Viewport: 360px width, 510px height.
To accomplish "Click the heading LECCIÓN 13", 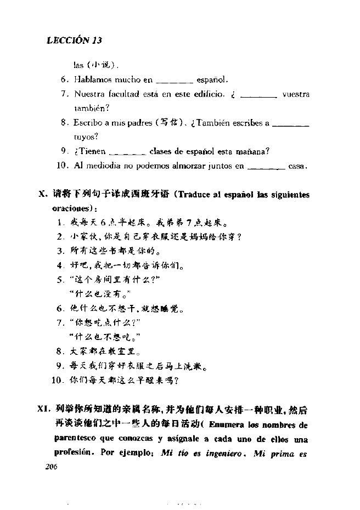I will [75, 41].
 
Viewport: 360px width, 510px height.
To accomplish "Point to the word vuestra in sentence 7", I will [296, 94].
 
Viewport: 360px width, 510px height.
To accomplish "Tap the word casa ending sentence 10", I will [298, 166].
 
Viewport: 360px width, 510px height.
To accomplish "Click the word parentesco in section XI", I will [75, 439].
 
